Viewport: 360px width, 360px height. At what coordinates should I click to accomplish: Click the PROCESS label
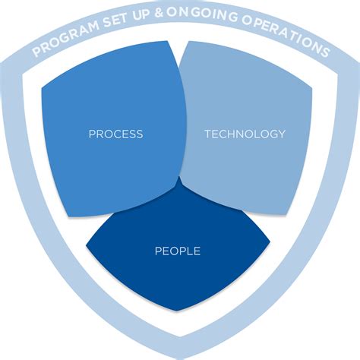point(115,134)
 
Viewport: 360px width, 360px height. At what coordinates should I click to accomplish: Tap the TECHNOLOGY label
point(245,134)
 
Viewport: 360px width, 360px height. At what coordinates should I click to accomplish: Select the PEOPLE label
point(178,251)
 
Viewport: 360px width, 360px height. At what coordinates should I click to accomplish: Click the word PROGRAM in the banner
point(66,38)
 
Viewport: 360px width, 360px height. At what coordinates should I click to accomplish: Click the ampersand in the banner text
point(159,13)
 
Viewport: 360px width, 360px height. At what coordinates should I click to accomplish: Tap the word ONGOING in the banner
point(202,14)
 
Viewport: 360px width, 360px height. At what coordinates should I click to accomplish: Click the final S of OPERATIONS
point(325,52)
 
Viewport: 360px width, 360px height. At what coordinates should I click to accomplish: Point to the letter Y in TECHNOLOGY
point(281,134)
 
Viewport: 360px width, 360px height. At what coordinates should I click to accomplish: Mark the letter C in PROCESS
point(113,134)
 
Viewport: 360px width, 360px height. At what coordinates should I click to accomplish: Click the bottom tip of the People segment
point(177,311)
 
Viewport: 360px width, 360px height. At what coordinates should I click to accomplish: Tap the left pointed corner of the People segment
point(86,245)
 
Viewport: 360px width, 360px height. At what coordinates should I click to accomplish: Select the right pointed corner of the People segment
point(270,242)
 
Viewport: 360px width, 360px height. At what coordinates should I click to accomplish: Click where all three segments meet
point(179,175)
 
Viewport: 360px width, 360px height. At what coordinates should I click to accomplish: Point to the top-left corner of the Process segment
point(42,88)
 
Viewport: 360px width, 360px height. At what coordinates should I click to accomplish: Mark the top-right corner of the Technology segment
point(311,88)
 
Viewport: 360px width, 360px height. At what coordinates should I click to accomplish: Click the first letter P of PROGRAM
point(36,52)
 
